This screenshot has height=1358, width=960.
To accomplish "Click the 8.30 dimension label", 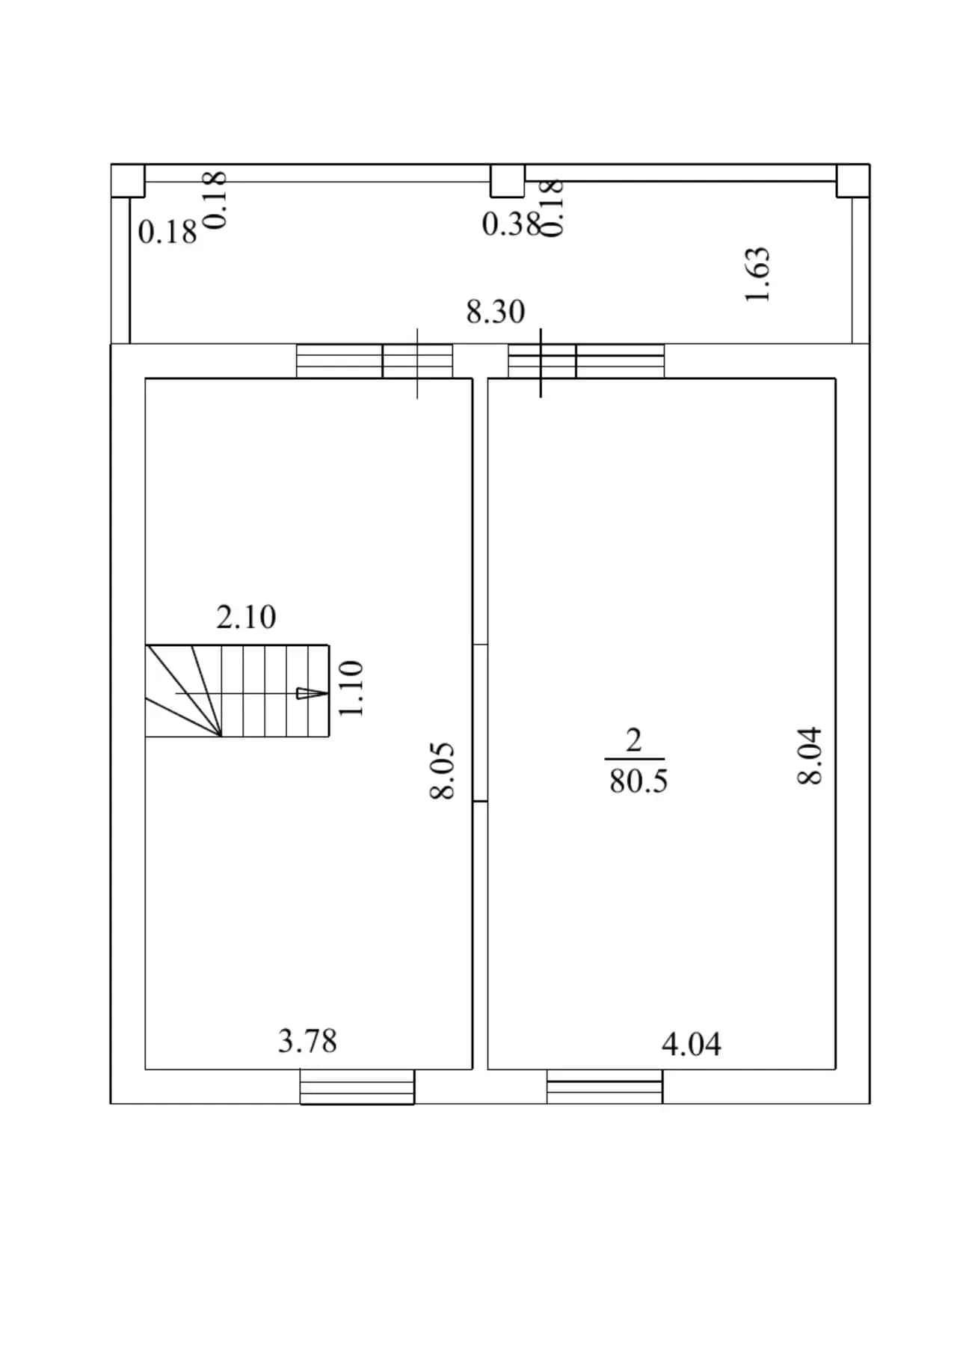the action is [x=495, y=311].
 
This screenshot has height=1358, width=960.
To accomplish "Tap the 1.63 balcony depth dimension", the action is [x=757, y=274].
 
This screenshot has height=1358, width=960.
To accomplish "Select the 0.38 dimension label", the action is [x=511, y=224].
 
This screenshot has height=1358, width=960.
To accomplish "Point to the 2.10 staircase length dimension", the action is [x=246, y=617].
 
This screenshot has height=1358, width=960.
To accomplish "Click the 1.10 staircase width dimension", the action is [x=350, y=688].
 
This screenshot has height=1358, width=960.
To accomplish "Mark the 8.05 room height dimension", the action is [x=442, y=770].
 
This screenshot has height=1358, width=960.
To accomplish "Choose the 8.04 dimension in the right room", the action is [x=810, y=755].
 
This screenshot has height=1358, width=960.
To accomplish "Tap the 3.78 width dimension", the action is [x=307, y=1041].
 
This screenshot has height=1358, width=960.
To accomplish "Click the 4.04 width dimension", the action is [x=692, y=1044].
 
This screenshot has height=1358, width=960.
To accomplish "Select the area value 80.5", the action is [x=638, y=781].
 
